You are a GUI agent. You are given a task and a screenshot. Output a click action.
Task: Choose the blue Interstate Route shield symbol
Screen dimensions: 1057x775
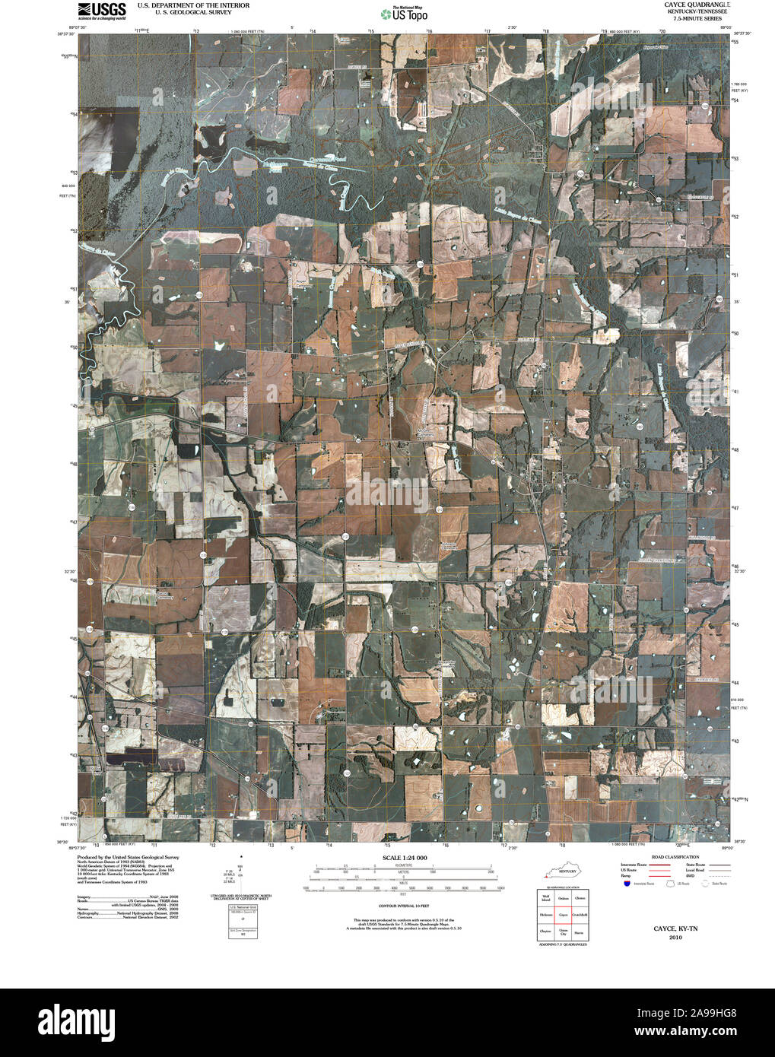[625, 884]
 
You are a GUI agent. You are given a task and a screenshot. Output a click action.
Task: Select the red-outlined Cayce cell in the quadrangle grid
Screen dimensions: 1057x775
[564, 915]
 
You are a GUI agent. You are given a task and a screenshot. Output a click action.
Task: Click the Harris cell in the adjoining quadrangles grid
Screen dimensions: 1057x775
[580, 932]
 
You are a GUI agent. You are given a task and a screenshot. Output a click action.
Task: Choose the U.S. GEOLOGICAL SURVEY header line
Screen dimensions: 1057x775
[193, 13]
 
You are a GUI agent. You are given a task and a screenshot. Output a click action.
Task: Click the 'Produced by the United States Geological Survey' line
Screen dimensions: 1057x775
[132, 856]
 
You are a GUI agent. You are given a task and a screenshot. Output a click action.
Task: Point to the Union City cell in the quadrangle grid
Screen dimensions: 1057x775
[564, 932]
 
